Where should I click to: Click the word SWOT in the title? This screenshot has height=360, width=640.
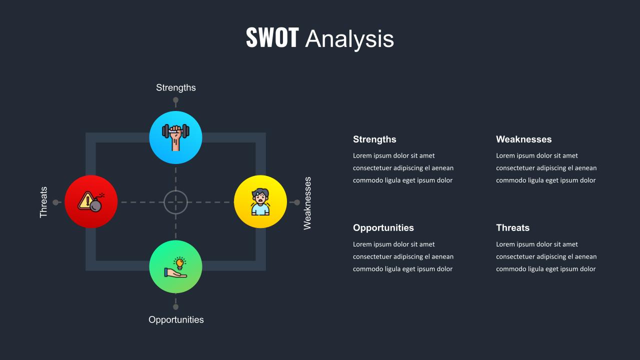pyautogui.click(x=272, y=37)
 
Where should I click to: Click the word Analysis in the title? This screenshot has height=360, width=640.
pyautogui.click(x=349, y=39)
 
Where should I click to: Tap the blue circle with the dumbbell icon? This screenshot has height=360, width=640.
pyautogui.click(x=175, y=137)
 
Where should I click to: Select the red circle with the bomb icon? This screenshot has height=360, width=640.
pyautogui.click(x=91, y=201)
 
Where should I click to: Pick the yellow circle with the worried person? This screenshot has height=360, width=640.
pyautogui.click(x=260, y=201)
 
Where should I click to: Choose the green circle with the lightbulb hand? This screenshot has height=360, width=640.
pyautogui.click(x=175, y=266)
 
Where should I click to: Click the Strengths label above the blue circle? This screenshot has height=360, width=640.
pyautogui.click(x=175, y=87)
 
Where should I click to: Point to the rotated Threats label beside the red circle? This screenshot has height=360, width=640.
pyautogui.click(x=43, y=202)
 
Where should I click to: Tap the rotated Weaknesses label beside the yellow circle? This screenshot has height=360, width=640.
pyautogui.click(x=307, y=203)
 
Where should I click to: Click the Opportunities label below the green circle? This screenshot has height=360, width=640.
pyautogui.click(x=176, y=319)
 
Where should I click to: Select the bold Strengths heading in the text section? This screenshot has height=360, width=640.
pyautogui.click(x=374, y=139)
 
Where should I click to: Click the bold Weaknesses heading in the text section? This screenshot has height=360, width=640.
pyautogui.click(x=523, y=139)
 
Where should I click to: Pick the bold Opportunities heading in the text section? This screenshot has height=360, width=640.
pyautogui.click(x=383, y=228)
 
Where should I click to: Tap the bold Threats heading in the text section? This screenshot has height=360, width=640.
pyautogui.click(x=512, y=228)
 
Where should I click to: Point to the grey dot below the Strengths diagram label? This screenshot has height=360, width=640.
pyautogui.click(x=175, y=100)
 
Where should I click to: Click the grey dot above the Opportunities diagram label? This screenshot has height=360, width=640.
pyautogui.click(x=175, y=307)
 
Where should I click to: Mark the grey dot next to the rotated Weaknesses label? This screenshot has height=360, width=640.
pyautogui.click(x=297, y=202)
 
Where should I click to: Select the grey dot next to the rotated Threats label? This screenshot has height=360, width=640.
pyautogui.click(x=55, y=202)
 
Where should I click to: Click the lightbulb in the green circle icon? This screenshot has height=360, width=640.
pyautogui.click(x=179, y=263)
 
